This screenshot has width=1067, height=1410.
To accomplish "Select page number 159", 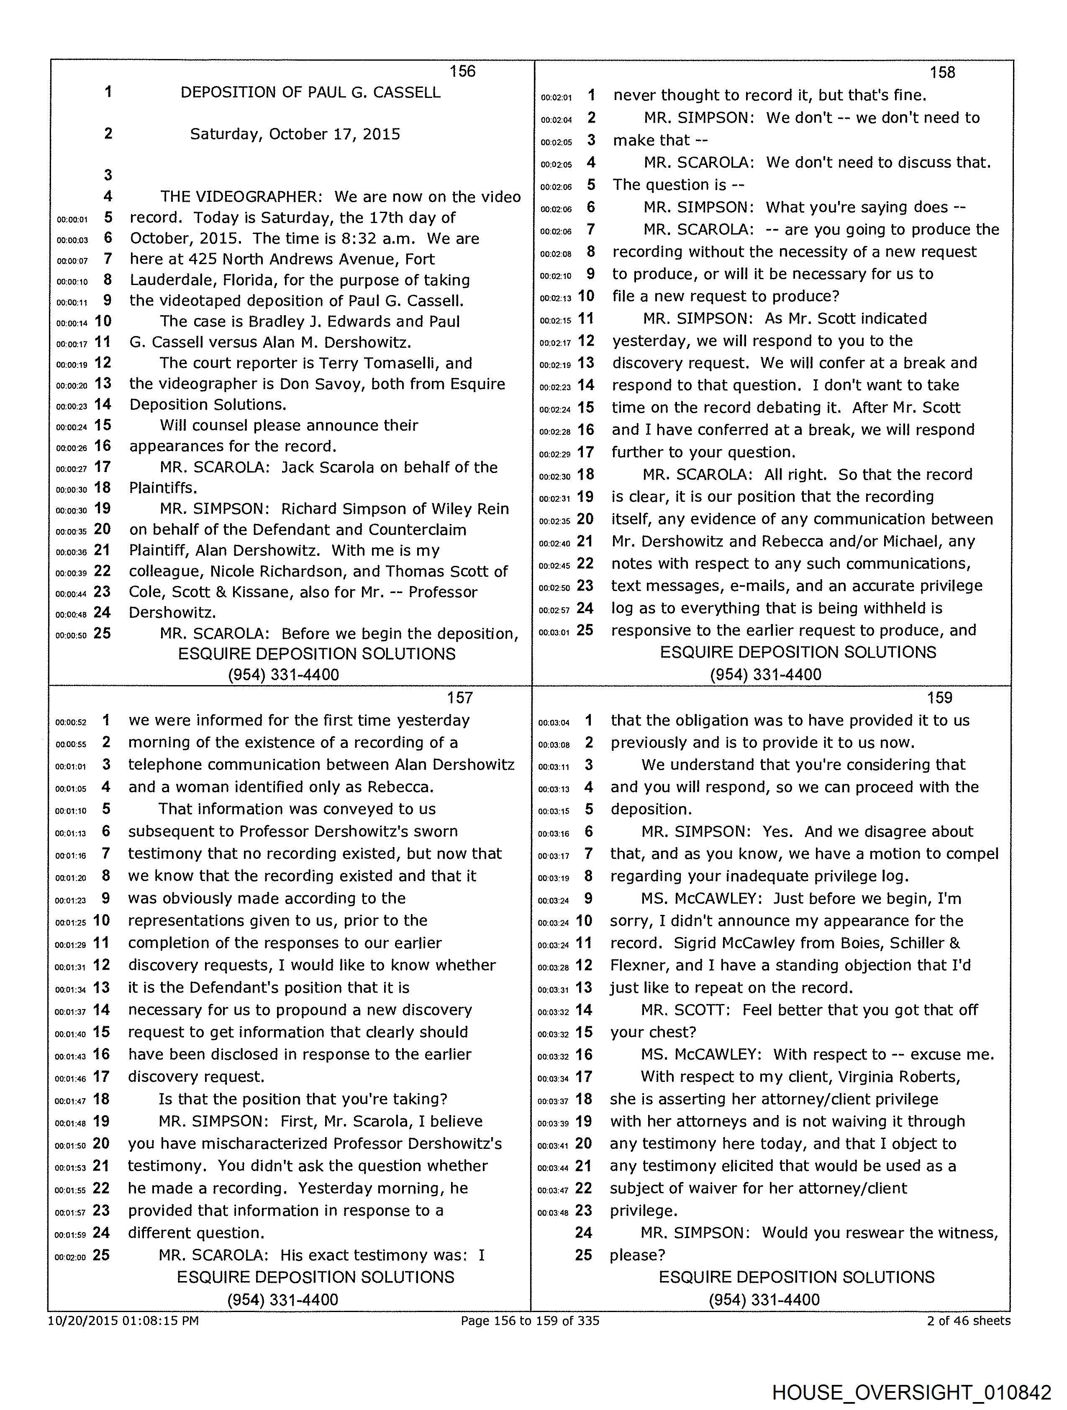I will [939, 697].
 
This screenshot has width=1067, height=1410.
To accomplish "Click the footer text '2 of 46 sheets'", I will [968, 1320].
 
